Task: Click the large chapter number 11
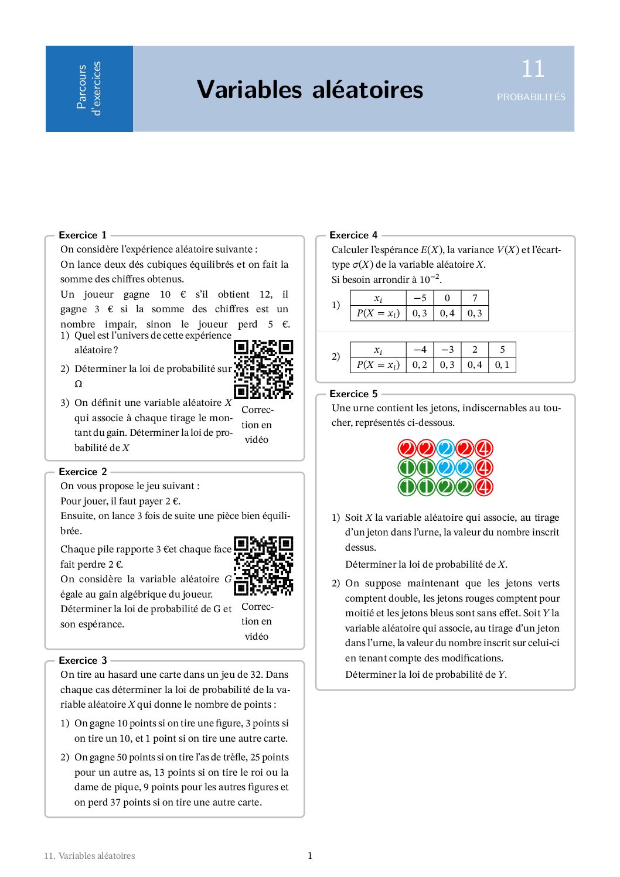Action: tap(533, 69)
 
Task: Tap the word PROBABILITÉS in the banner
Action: tap(531, 97)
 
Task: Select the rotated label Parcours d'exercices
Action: tap(89, 89)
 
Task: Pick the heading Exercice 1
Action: tap(83, 235)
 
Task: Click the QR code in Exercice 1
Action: tap(263, 369)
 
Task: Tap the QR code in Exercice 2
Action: tap(263, 565)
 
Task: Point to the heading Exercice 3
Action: tap(83, 660)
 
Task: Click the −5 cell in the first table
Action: tap(420, 298)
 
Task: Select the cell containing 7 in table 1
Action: tap(475, 298)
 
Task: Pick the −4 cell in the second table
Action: tap(420, 349)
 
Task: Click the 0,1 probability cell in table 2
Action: tap(502, 364)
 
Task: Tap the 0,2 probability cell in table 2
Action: tap(420, 364)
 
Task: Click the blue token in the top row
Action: tap(445, 449)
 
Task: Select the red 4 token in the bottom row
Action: tap(483, 487)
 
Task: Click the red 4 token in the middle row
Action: tap(483, 468)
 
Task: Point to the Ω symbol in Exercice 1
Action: tap(79, 384)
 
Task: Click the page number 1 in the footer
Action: tap(310, 855)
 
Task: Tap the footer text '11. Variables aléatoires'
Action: tap(89, 856)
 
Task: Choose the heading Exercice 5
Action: tap(353, 394)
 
